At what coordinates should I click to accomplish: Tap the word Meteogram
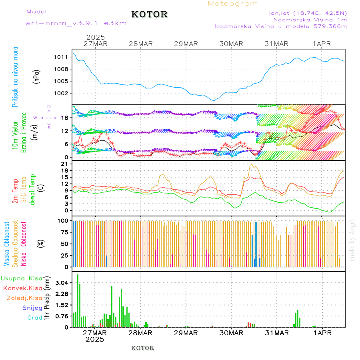[x=233, y=4]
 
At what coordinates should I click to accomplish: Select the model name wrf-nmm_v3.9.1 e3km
[x=76, y=23]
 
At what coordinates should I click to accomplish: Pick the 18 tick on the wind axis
[x=64, y=118]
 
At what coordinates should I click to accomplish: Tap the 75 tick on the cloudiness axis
[x=63, y=232]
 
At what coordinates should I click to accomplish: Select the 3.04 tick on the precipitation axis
[x=61, y=283]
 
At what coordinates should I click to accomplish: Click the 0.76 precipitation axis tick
[x=61, y=316]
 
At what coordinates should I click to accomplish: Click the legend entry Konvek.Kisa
[x=22, y=288]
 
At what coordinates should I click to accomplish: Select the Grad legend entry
[x=34, y=318]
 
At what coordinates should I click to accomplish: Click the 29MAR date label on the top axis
[x=186, y=44]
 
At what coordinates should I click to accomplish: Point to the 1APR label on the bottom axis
[x=322, y=332]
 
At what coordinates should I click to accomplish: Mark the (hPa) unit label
[x=37, y=76]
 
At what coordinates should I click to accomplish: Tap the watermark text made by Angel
[x=352, y=240]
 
